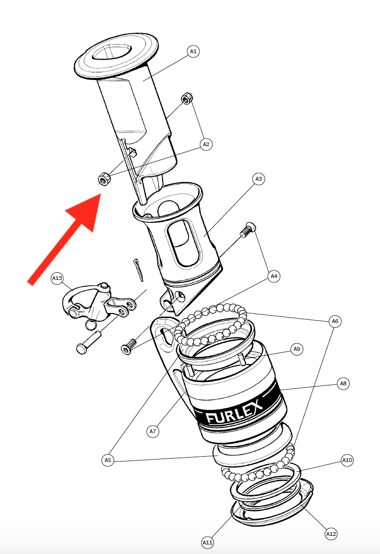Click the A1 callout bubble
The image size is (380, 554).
click(193, 51)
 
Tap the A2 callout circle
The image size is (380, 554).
click(206, 144)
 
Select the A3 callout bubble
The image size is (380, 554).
click(259, 179)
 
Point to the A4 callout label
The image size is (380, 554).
click(274, 276)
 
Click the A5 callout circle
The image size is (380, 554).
click(108, 460)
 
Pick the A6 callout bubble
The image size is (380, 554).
click(335, 321)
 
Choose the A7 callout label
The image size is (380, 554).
click(153, 431)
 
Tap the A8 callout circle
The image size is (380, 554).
click(343, 383)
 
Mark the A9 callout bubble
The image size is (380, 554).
click(297, 349)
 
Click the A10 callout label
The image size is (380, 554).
click(347, 460)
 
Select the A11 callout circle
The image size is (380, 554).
click(207, 542)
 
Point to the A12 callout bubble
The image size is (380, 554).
click(331, 533)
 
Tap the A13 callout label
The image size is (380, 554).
click(57, 278)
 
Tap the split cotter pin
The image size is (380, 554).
click(138, 270)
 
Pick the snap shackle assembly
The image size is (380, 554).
click(99, 304)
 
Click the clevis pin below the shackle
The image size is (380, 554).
click(88, 343)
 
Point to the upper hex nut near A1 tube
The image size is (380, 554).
click(187, 98)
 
